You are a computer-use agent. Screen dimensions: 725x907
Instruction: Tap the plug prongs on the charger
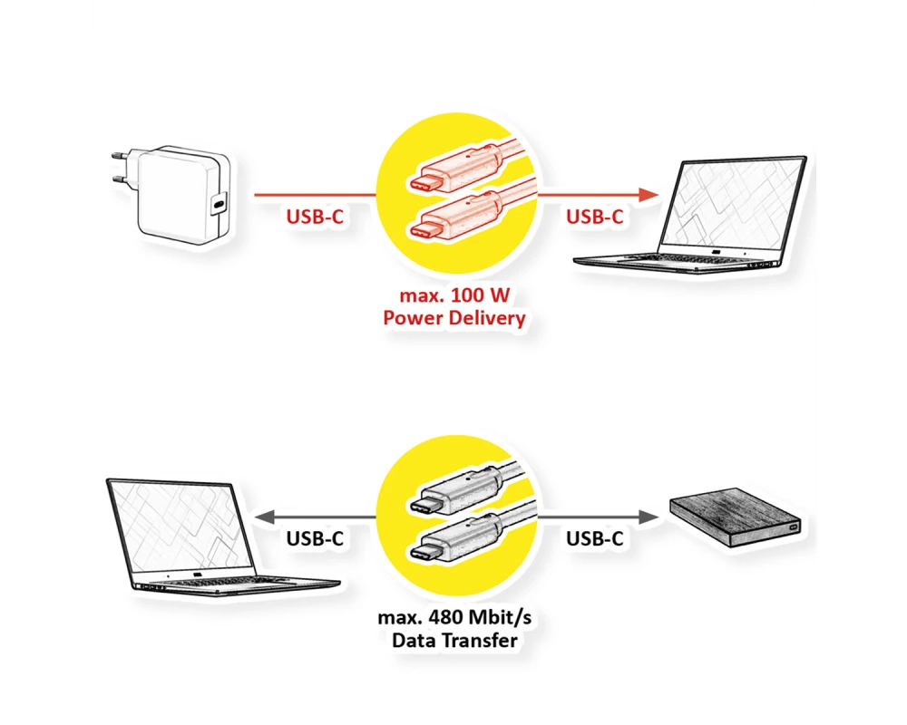click(x=119, y=167)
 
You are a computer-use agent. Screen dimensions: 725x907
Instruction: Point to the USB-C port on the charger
click(x=219, y=205)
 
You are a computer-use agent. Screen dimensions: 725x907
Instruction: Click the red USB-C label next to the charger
click(x=314, y=217)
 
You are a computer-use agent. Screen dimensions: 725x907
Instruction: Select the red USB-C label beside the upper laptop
click(x=594, y=217)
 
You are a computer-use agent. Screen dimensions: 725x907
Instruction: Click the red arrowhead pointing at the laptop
click(x=647, y=194)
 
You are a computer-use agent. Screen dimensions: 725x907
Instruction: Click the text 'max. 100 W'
click(x=454, y=296)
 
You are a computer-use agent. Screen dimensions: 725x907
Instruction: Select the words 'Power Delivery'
click(x=454, y=318)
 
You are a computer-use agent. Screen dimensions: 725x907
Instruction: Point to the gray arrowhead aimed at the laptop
click(x=262, y=517)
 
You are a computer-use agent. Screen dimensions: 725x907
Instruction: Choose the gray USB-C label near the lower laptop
click(x=315, y=539)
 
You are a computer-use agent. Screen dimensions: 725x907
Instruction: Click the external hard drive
click(x=735, y=521)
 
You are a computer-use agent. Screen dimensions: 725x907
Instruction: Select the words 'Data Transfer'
click(x=454, y=642)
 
